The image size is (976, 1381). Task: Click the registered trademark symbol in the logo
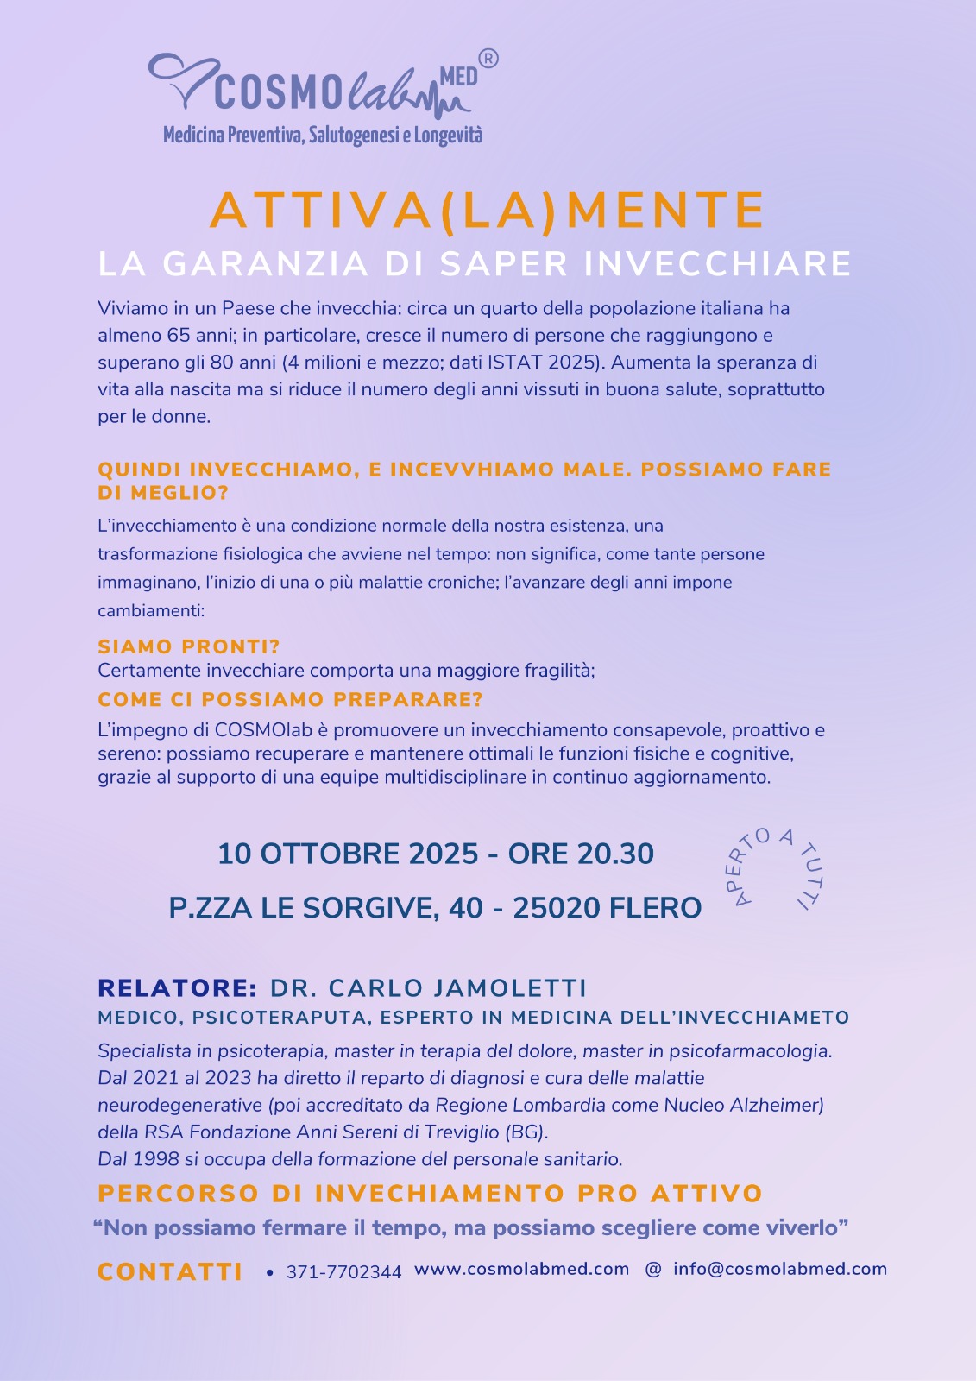[488, 59]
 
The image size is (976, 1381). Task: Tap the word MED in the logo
[458, 78]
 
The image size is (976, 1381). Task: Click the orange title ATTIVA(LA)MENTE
[488, 210]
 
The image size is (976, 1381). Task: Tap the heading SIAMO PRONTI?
[189, 646]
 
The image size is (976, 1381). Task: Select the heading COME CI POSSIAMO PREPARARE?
[290, 699]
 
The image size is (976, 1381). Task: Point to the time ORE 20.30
[581, 854]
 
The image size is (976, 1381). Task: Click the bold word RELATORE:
[177, 988]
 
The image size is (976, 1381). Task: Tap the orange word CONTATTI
[170, 1272]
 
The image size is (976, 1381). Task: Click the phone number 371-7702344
[343, 1272]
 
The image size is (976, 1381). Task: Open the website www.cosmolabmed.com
[521, 1269]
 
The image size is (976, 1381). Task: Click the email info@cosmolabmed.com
[780, 1269]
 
